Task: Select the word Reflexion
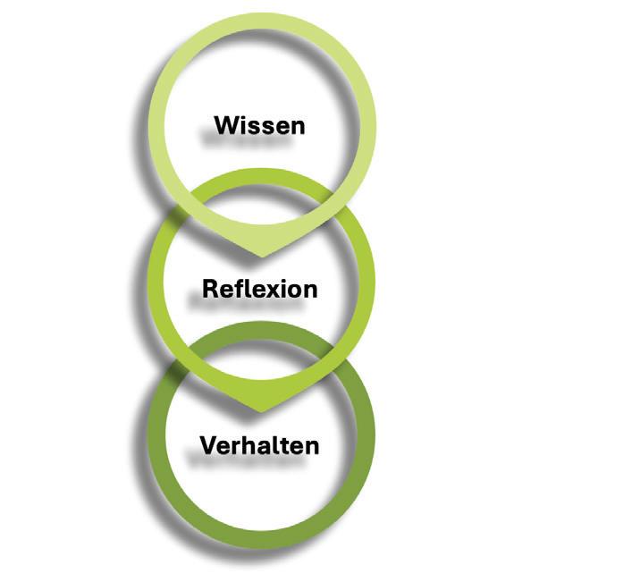(x=260, y=289)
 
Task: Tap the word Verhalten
(x=260, y=444)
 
